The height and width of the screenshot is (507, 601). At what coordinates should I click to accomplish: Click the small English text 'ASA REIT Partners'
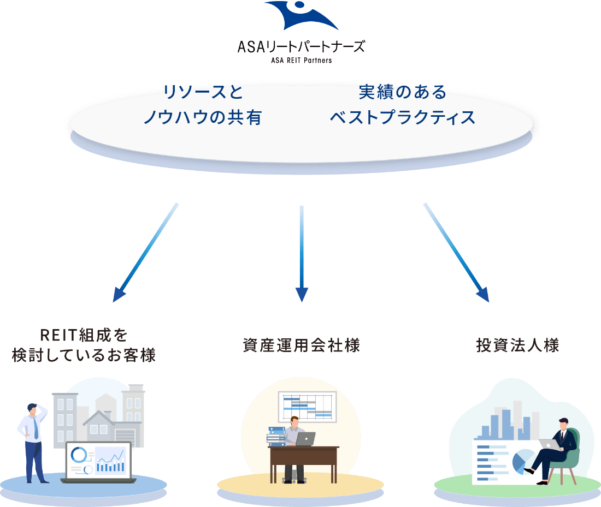(301, 61)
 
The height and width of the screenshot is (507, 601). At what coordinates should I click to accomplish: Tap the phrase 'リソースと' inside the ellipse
(204, 92)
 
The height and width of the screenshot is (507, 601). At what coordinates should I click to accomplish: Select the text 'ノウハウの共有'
(203, 117)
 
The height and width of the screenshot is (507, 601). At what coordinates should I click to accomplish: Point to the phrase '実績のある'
(403, 92)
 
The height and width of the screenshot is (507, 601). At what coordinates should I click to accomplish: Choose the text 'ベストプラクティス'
(403, 117)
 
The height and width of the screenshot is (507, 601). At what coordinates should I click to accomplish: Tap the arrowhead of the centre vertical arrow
(301, 295)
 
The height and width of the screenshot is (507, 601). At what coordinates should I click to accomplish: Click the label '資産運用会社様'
(301, 345)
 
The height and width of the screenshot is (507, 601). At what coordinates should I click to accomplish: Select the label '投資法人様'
(517, 345)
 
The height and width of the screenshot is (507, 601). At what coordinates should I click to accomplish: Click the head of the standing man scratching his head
(33, 408)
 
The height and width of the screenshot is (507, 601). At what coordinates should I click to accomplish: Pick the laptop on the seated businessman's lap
(548, 444)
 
